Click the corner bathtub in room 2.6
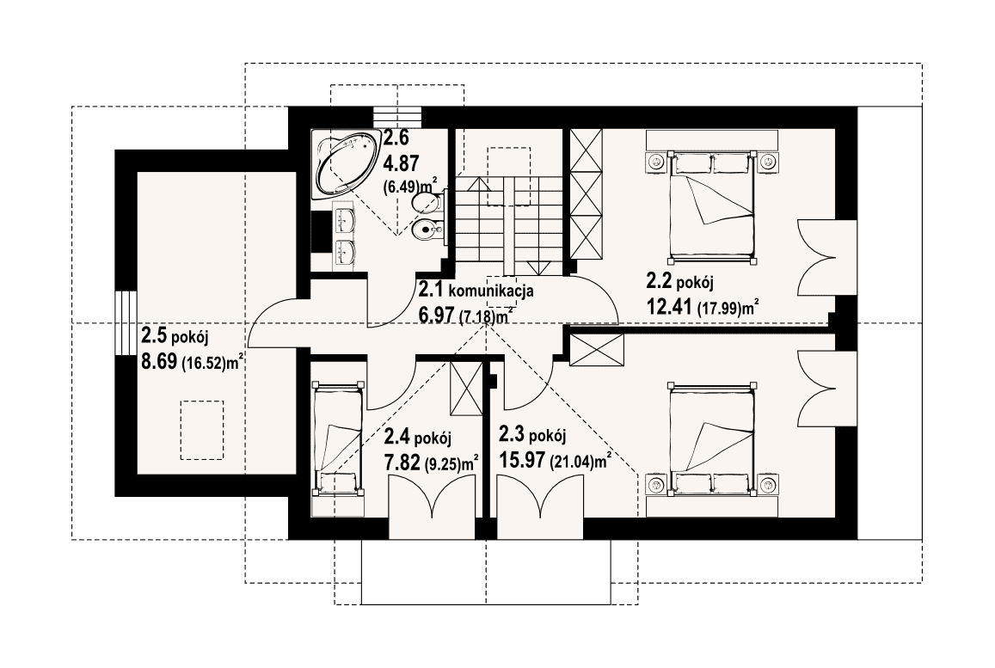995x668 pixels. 346,165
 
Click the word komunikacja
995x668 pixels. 491,291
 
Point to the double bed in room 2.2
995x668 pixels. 711,206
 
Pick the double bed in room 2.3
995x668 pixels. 711,438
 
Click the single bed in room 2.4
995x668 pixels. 337,437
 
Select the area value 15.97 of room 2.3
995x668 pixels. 522,459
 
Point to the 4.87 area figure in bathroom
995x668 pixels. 401,164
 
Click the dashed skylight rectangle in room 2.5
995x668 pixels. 202,430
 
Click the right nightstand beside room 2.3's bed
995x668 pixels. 768,484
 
